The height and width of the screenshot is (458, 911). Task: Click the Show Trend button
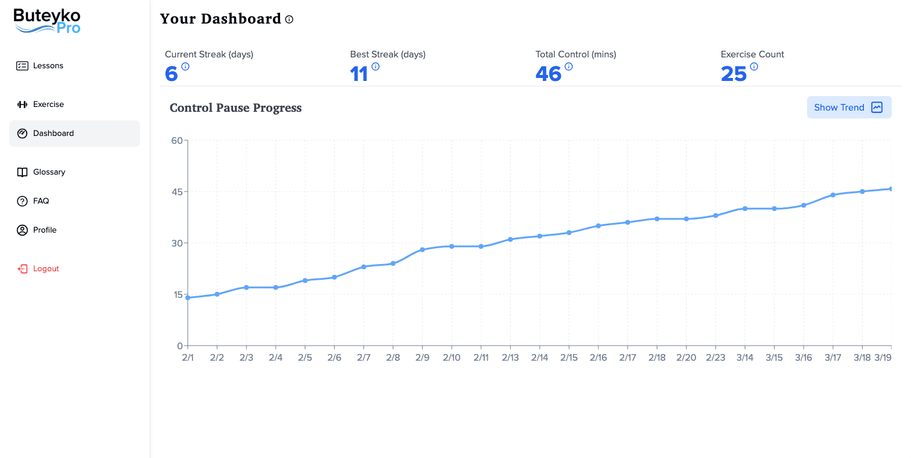click(x=849, y=108)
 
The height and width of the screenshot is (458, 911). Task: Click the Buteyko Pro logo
click(x=47, y=21)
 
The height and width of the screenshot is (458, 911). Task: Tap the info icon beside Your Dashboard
click(x=289, y=19)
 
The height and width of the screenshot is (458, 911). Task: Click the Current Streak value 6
click(x=171, y=74)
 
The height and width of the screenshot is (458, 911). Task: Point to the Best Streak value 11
click(x=359, y=74)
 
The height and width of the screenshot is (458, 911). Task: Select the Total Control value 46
click(x=548, y=74)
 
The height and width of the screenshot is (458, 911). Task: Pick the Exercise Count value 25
click(x=734, y=74)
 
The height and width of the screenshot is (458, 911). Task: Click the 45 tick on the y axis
click(x=176, y=192)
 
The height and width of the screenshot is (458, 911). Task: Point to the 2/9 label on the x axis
click(x=422, y=358)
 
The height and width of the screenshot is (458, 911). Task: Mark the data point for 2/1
click(x=188, y=298)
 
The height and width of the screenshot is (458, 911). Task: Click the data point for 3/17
click(x=833, y=195)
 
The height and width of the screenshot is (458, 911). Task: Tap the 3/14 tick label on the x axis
click(x=744, y=358)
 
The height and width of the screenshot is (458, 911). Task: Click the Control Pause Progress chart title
click(x=235, y=108)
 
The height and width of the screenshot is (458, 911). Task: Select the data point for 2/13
click(x=510, y=239)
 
